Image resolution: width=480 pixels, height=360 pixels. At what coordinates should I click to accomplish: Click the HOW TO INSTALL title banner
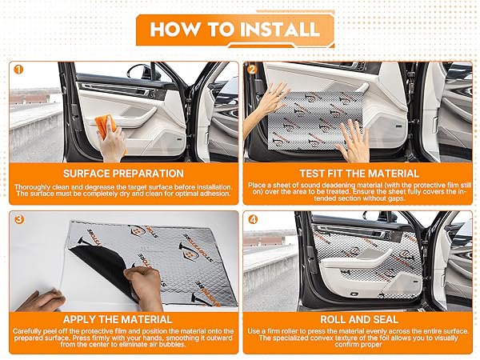(235, 30)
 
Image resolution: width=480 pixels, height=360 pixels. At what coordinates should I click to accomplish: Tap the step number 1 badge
(18, 70)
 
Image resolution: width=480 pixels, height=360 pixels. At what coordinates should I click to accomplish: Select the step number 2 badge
(252, 70)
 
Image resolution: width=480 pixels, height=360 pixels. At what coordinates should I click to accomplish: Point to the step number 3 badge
(19, 219)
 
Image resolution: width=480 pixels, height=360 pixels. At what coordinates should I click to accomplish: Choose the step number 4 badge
(253, 219)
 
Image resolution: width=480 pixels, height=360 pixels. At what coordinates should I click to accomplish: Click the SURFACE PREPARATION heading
(123, 174)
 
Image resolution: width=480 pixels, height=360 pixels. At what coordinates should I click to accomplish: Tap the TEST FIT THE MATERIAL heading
(359, 174)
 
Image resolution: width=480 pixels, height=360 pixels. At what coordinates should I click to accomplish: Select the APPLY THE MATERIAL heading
(118, 319)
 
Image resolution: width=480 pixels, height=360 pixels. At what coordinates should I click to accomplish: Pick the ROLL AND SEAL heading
(359, 319)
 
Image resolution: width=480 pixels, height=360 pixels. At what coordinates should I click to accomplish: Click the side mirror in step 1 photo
(138, 72)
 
